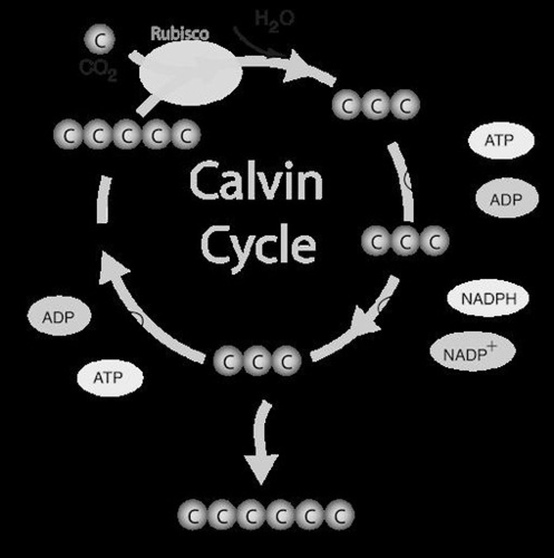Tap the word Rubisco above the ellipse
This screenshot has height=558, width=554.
tap(180, 33)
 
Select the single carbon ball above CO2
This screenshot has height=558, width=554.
tap(99, 40)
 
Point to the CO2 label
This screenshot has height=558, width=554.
tap(98, 70)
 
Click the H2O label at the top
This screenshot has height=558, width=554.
tap(274, 20)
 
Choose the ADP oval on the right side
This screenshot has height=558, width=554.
tap(507, 199)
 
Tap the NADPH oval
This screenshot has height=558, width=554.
tap(488, 298)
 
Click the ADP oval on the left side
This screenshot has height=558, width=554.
tap(59, 317)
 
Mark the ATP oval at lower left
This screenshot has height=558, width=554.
tap(110, 377)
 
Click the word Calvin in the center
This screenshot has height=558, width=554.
tap(256, 181)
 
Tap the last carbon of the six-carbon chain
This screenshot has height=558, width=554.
tap(340, 515)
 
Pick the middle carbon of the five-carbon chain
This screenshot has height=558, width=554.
tap(127, 136)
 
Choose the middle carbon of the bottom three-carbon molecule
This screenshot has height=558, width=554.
tap(257, 361)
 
